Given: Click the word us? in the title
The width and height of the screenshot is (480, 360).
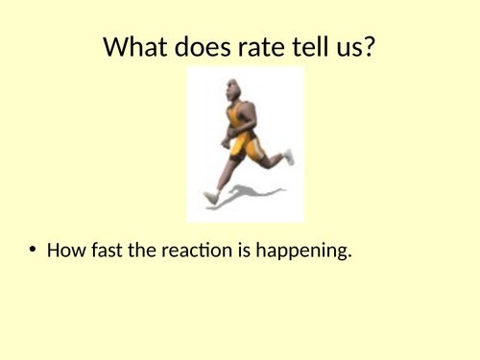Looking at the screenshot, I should (356, 46).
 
